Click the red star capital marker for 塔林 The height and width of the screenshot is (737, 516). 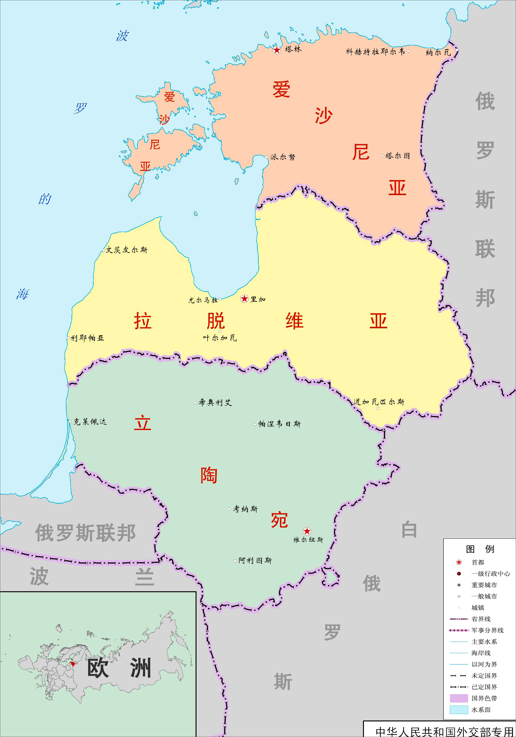(x=277, y=50)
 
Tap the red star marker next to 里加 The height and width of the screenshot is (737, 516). (x=244, y=299)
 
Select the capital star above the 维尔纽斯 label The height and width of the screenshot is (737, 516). (x=307, y=531)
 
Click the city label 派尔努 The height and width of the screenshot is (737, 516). (x=283, y=157)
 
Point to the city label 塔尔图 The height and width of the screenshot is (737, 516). (x=397, y=156)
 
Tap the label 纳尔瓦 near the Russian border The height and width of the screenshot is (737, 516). (x=438, y=52)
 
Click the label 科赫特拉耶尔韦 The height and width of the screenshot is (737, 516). (x=375, y=52)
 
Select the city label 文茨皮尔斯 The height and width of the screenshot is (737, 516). (x=127, y=250)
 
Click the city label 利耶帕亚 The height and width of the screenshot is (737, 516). (x=87, y=338)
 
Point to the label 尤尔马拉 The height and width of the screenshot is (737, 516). (x=203, y=300)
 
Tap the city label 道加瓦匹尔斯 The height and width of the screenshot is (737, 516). (x=379, y=402)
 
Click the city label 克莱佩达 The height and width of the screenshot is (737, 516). (x=90, y=422)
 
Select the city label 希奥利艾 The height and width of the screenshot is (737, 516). (x=215, y=402)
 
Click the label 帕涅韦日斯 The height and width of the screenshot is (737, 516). (x=279, y=424)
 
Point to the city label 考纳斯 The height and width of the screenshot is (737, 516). (x=245, y=509)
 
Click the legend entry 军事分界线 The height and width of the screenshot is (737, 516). (x=487, y=630)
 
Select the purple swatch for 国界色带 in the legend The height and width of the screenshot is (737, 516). (x=459, y=698)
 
